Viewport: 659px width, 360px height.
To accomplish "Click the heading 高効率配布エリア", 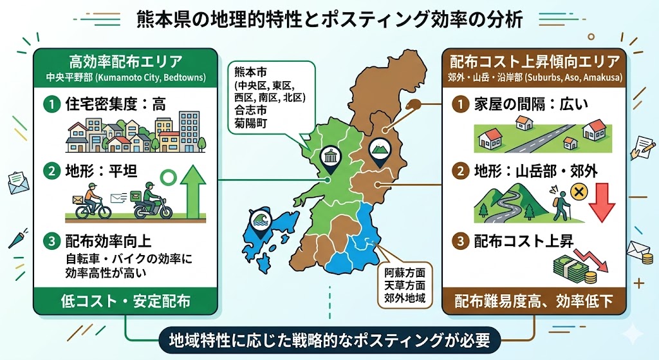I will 125,62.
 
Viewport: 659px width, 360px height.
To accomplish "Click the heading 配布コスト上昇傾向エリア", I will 535,62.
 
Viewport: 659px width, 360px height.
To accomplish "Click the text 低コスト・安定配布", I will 125,300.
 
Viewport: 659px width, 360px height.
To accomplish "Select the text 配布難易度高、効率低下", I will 535,300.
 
